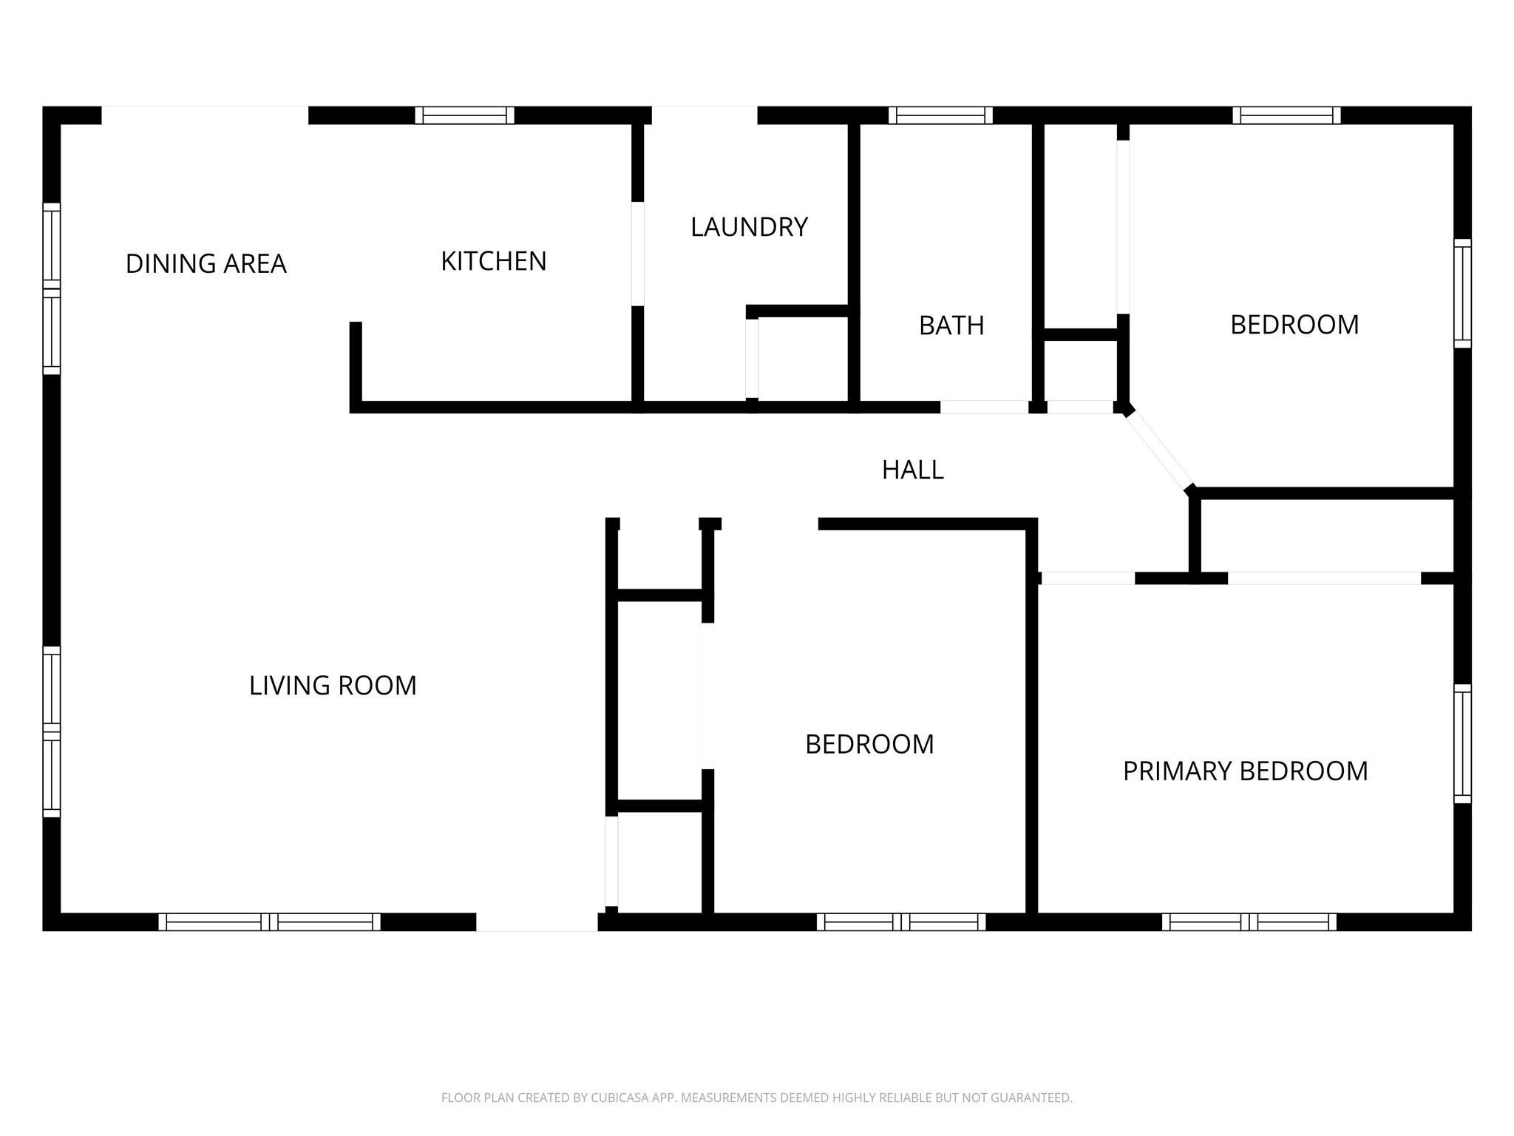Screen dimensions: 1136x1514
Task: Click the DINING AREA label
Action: [206, 264]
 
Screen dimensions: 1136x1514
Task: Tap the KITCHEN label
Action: [493, 261]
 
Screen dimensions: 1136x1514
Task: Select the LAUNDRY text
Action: [749, 227]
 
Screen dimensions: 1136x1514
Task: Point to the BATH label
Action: [951, 325]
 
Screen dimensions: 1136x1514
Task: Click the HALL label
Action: [912, 470]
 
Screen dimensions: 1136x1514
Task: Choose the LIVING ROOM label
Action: [333, 686]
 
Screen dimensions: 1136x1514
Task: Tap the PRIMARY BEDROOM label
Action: [1245, 771]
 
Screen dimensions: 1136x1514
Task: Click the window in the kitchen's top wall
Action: [464, 115]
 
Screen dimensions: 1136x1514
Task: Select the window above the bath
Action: [940, 115]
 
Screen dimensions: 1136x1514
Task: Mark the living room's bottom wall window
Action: [269, 922]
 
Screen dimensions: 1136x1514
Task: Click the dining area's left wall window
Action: [51, 288]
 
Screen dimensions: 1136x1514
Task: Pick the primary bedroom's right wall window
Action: [1462, 743]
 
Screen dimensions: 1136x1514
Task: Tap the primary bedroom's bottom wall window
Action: [1249, 922]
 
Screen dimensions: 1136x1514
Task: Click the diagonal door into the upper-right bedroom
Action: [1158, 449]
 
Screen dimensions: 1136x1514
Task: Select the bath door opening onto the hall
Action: [984, 407]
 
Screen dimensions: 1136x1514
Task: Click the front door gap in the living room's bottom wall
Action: [537, 922]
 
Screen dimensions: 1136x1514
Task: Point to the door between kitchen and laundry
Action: [637, 254]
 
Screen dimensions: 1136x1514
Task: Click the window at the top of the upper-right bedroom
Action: [1286, 115]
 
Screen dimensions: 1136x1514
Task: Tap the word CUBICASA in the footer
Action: [620, 1098]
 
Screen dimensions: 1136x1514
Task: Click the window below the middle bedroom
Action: [900, 922]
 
